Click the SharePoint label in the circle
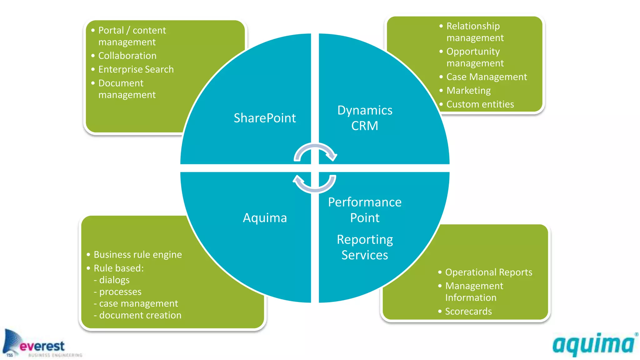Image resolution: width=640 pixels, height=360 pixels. [x=265, y=118]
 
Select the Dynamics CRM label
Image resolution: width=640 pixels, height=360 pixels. [x=365, y=118]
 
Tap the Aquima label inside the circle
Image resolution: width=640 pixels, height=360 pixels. [x=265, y=218]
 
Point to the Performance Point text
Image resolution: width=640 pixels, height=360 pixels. [x=365, y=210]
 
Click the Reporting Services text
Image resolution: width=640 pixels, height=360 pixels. [x=365, y=247]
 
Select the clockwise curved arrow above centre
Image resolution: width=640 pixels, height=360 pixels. [x=315, y=152]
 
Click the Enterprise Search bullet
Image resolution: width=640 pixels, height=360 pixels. [x=136, y=69]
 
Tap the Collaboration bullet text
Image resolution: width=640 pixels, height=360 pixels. [x=127, y=56]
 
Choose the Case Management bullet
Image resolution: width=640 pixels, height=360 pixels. [x=487, y=77]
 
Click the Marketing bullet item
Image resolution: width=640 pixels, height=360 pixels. [x=468, y=91]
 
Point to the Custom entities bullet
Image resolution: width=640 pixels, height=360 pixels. [x=480, y=104]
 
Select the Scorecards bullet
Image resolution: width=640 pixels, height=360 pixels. [x=468, y=312]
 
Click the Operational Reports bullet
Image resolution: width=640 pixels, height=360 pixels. [x=488, y=272]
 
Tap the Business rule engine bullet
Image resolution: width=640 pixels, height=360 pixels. [x=137, y=255]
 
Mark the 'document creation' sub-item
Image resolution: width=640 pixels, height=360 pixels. [x=140, y=315]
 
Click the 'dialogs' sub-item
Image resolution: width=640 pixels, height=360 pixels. [x=114, y=280]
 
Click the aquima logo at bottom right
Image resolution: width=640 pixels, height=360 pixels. [x=594, y=345]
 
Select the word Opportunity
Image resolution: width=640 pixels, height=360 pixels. [x=473, y=52]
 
